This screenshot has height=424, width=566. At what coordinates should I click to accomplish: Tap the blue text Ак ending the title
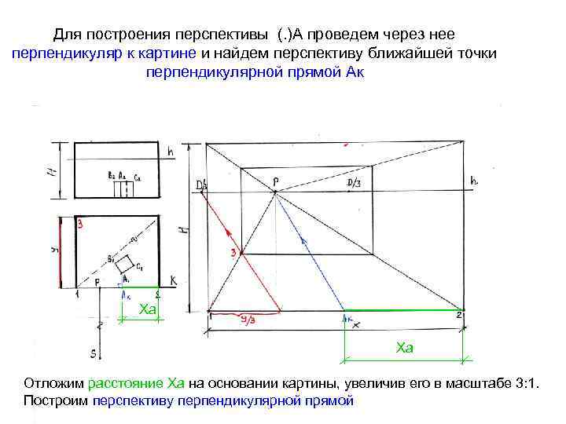pyautogui.click(x=355, y=72)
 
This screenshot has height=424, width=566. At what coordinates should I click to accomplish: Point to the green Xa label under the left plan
pyautogui.click(x=147, y=310)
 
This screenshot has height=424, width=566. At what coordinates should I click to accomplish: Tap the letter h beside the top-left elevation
pyautogui.click(x=170, y=150)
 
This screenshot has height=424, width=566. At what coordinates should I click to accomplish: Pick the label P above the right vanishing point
pyautogui.click(x=275, y=181)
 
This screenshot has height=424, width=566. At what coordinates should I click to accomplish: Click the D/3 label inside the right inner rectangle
pyautogui.click(x=354, y=182)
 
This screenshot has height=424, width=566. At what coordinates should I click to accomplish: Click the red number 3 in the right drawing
pyautogui.click(x=233, y=252)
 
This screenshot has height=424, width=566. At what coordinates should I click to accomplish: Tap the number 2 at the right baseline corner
pyautogui.click(x=458, y=315)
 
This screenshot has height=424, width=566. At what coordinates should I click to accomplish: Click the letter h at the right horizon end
pyautogui.click(x=473, y=181)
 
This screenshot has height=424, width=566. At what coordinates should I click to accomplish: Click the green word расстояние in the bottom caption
pyautogui.click(x=126, y=383)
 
